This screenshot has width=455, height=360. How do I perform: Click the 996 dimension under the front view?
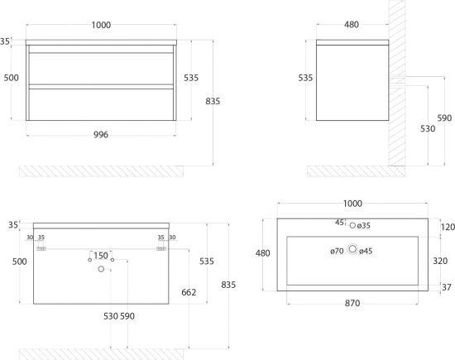tap(101, 135)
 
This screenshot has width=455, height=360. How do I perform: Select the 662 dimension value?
tap(189, 292)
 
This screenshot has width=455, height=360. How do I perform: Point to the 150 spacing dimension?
tap(101, 256)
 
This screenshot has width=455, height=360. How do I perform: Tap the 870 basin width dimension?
tap(352, 303)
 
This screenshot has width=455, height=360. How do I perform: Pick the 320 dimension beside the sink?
tap(440, 261)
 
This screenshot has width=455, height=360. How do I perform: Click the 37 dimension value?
tap(447, 287)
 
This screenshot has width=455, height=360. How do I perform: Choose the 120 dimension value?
tap(448, 227)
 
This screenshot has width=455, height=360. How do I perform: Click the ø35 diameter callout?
tap(364, 226)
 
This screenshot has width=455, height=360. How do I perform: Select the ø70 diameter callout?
tap(337, 251)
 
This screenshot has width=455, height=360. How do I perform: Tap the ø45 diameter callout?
tap(366, 251)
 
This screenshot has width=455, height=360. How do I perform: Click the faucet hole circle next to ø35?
tap(352, 225)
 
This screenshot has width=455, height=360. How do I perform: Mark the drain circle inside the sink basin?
tap(352, 249)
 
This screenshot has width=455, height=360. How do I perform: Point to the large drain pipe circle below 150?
tap(101, 269)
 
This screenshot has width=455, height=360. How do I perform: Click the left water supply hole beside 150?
tap(89, 260)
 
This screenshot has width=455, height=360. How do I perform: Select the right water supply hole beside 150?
tap(113, 260)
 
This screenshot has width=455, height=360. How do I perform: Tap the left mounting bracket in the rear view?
tap(41, 249)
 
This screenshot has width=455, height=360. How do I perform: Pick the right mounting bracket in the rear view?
tap(161, 249)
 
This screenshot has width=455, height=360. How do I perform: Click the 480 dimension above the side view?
tap(352, 25)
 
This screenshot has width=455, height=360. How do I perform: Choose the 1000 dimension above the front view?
tap(101, 26)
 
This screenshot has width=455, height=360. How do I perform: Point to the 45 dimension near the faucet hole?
tap(339, 223)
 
